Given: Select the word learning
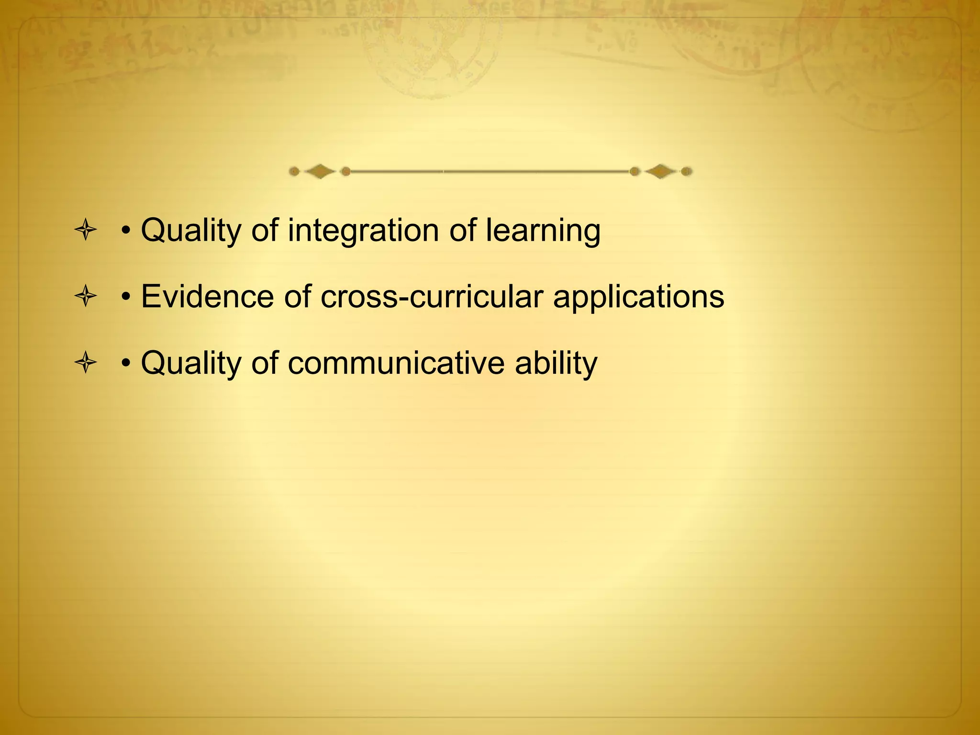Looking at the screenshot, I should [543, 231].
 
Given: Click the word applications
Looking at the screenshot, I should [638, 297].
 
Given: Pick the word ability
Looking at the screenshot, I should [556, 363].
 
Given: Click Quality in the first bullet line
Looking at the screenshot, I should [191, 231].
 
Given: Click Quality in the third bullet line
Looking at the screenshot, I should [191, 363].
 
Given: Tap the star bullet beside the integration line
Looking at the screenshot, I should [86, 231].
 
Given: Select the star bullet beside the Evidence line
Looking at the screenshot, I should [86, 297].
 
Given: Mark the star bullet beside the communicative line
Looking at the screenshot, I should [86, 363].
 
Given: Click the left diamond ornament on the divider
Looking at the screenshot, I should [320, 171].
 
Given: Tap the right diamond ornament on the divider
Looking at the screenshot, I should [660, 171].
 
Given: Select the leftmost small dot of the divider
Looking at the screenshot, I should [294, 171].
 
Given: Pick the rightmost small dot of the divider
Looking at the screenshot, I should [686, 171].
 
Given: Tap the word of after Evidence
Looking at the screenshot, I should [297, 297].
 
